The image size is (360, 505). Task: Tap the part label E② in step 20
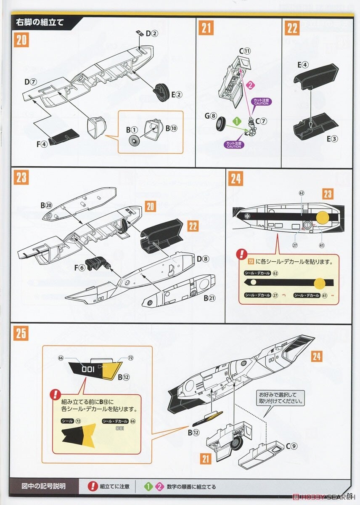point(176,94)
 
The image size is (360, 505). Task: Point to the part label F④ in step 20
point(42,144)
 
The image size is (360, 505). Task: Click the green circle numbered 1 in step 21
point(237,121)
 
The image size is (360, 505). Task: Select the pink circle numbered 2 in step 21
point(249,85)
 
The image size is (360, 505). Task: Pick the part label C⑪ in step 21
point(245,51)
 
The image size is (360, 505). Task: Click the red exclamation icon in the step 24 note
point(242,254)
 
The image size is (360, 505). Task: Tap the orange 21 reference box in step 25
point(205,458)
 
